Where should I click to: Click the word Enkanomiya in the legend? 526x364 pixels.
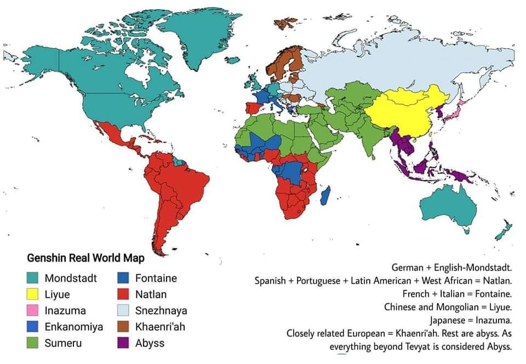click(x=74, y=327)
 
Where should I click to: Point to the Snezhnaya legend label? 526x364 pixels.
click(x=161, y=311)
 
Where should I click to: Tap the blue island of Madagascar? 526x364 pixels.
click(x=325, y=195)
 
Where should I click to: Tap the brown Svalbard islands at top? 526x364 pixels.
click(x=285, y=24)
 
